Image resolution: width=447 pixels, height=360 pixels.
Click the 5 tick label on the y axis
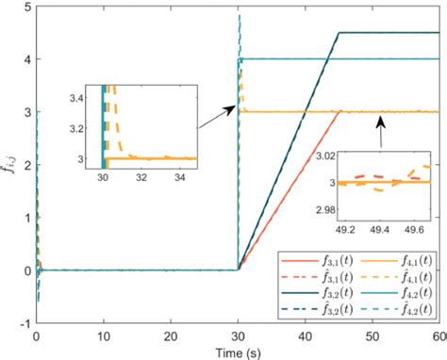tap(26, 7)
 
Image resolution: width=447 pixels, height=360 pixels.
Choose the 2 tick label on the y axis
tap(26, 165)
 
